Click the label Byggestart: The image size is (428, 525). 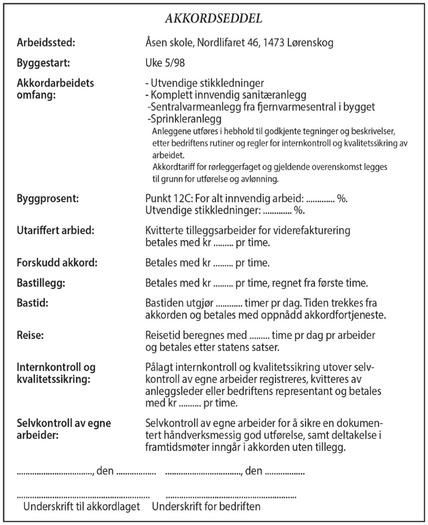click(44, 63)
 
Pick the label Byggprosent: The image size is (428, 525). click(48, 199)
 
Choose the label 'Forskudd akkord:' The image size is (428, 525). click(55, 262)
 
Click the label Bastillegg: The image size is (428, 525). click(42, 283)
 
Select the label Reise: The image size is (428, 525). click(30, 335)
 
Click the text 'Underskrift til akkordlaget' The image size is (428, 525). click(81, 505)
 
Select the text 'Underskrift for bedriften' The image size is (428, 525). click(206, 505)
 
